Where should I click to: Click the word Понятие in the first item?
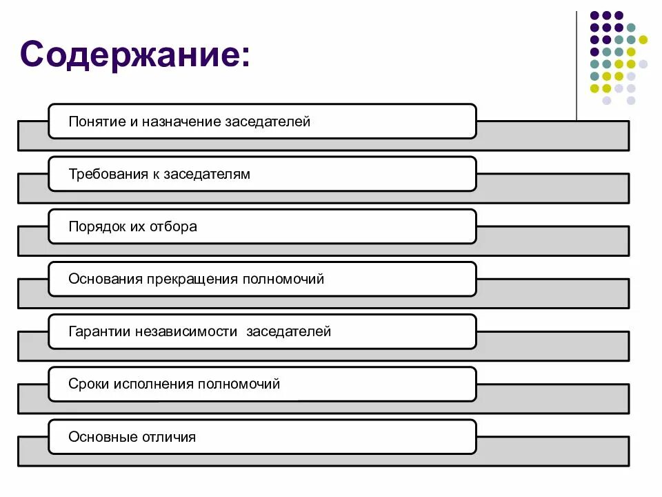96,122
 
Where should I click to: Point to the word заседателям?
207,175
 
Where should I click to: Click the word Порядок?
96,227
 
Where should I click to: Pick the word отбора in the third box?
173,227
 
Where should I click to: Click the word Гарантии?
99,332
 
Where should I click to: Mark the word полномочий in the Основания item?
283,280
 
